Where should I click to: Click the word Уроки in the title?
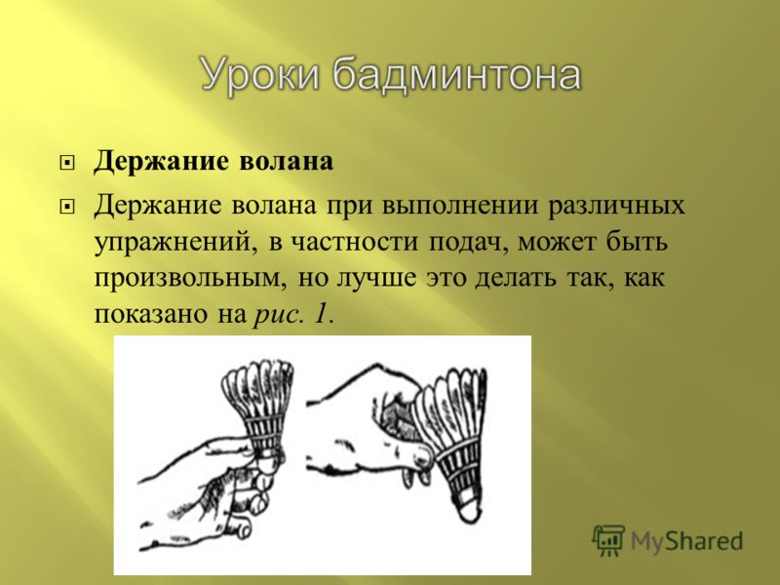coord(259,75)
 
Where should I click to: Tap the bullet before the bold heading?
coord(66,163)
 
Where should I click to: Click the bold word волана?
coord(286,162)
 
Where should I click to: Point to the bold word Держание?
coord(162,162)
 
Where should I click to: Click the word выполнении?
coord(460,206)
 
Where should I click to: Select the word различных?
coord(616,206)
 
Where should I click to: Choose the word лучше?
coord(376,278)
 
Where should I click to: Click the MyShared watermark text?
coord(687,541)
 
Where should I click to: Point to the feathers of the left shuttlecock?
coord(256,394)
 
